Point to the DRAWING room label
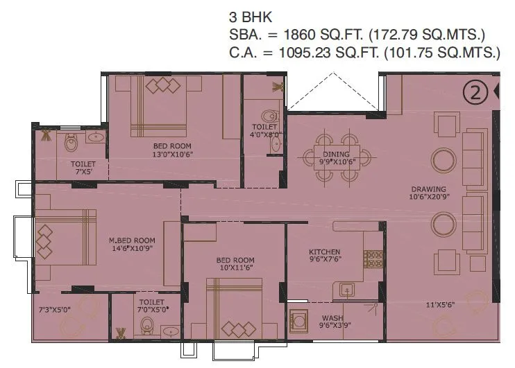point(428,189)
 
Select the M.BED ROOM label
point(131,240)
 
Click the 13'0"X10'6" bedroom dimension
point(174,155)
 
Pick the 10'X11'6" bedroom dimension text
point(235,269)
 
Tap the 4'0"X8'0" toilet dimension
point(265,136)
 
